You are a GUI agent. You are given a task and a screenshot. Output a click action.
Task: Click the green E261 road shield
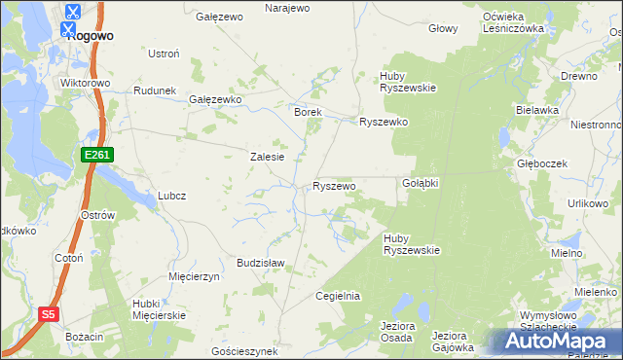pyautogui.click(x=98, y=155)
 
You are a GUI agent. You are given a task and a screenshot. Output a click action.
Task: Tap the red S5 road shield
pyautogui.click(x=50, y=314)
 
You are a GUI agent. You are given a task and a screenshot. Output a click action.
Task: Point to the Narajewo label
pyautogui.click(x=287, y=8)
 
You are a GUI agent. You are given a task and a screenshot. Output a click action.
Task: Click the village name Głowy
pyautogui.click(x=443, y=28)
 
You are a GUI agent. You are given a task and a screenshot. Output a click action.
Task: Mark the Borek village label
pyautogui.click(x=308, y=112)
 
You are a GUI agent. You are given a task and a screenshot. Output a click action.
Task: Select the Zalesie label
pyautogui.click(x=267, y=157)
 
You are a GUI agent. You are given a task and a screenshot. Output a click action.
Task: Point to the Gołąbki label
pyautogui.click(x=421, y=183)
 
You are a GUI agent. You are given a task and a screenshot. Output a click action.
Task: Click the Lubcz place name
pyautogui.click(x=171, y=195)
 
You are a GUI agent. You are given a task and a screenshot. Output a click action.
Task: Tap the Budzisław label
pyautogui.click(x=260, y=263)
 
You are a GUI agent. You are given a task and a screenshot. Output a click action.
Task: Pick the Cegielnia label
pyautogui.click(x=339, y=296)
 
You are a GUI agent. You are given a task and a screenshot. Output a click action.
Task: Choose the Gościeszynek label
pyautogui.click(x=244, y=350)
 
